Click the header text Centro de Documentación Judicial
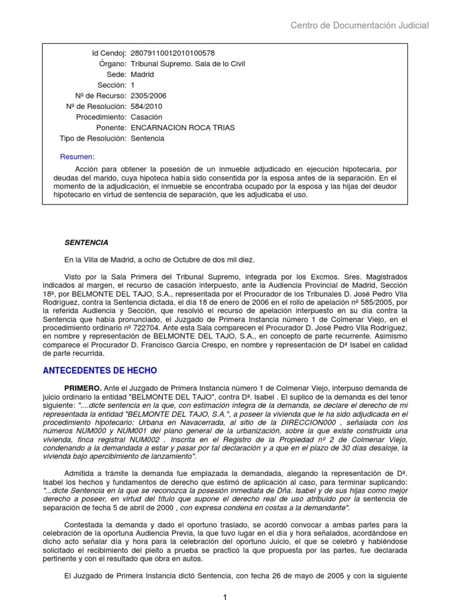(360, 25)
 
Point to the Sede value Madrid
(142, 74)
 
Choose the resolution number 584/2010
(146, 106)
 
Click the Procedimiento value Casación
(146, 117)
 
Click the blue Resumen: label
(77, 156)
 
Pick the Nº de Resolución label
(97, 106)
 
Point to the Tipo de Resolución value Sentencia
(147, 138)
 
